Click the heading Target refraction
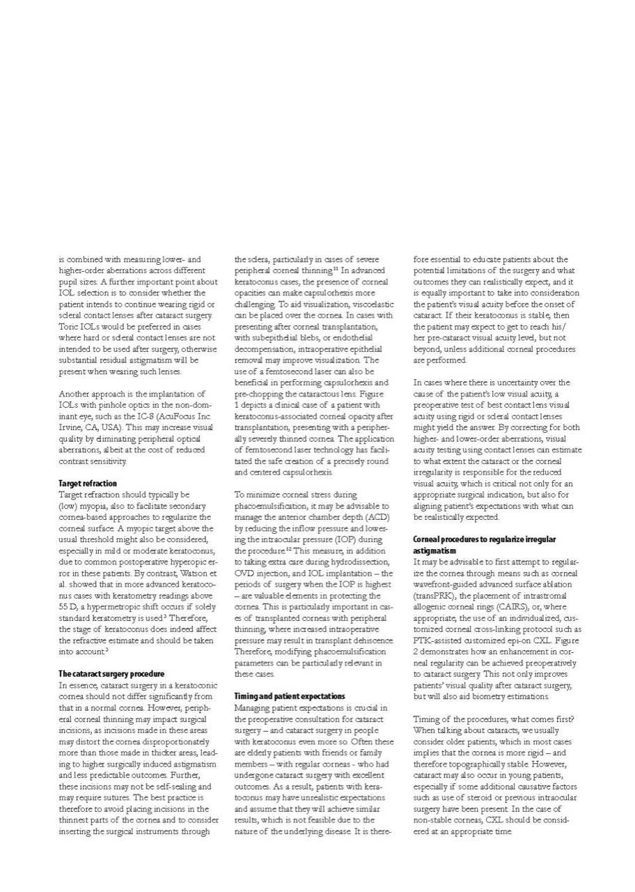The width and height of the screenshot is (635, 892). [x=88, y=483]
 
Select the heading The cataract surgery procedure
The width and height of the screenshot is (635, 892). [x=111, y=674]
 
